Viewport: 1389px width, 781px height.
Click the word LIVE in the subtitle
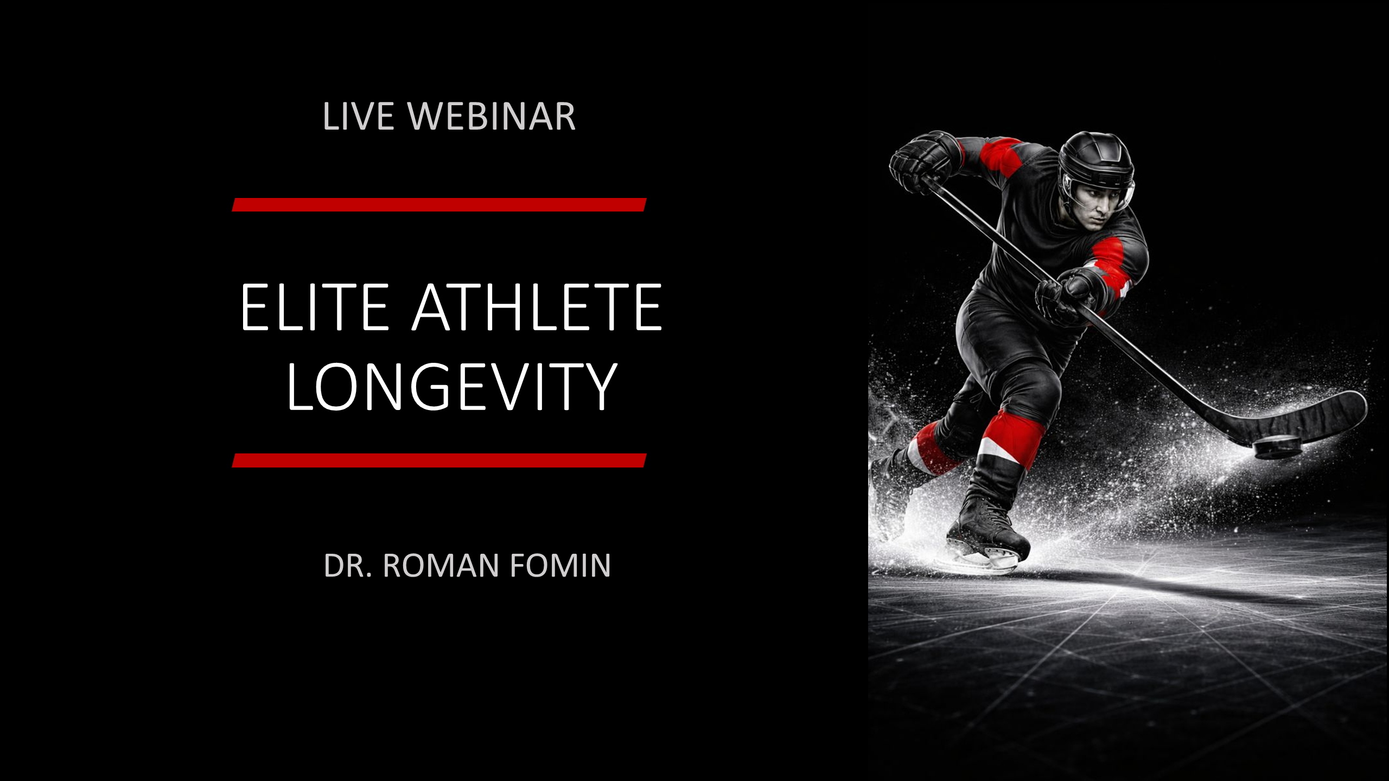(358, 116)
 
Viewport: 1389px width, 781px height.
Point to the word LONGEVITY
(452, 387)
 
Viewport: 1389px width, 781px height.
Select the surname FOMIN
(560, 566)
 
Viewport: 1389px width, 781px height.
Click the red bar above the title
(439, 205)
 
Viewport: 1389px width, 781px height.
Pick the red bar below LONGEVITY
(439, 460)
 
